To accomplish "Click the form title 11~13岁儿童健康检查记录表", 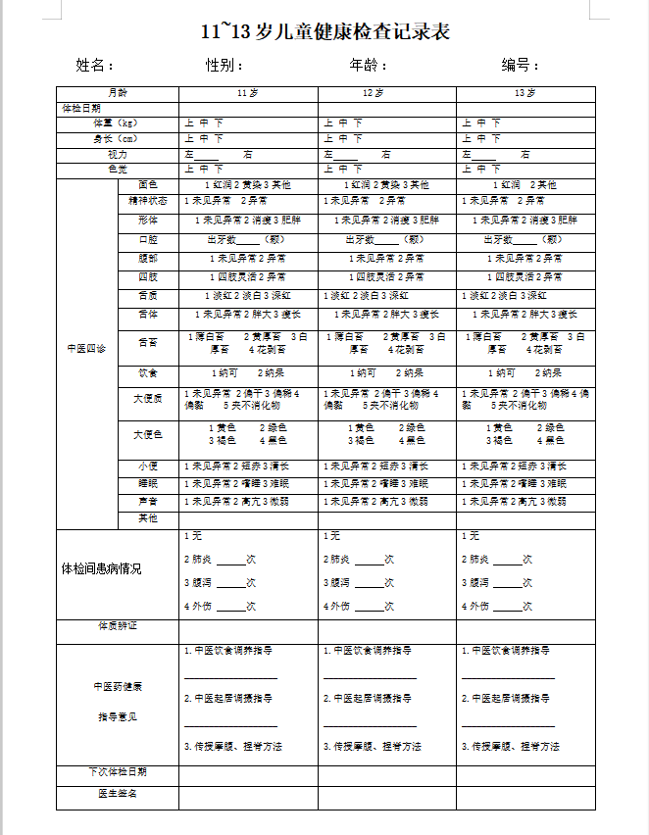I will [325, 32].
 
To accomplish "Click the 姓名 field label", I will [94, 66].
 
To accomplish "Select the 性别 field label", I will [224, 66].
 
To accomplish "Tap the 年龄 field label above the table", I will [368, 66].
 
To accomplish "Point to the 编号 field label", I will [521, 66].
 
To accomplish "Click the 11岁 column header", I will [248, 93].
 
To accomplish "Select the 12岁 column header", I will [387, 93].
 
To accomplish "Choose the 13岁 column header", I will [525, 93].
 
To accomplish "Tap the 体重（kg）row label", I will [118, 123].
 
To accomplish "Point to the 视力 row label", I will [118, 154].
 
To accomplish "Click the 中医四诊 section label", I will [86, 349].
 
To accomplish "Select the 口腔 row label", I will [148, 239].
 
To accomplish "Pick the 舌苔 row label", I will [148, 343].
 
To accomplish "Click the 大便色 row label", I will [148, 434].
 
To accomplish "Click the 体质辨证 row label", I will [118, 625].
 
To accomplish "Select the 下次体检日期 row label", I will [118, 773].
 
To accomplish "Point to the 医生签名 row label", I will [118, 793].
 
